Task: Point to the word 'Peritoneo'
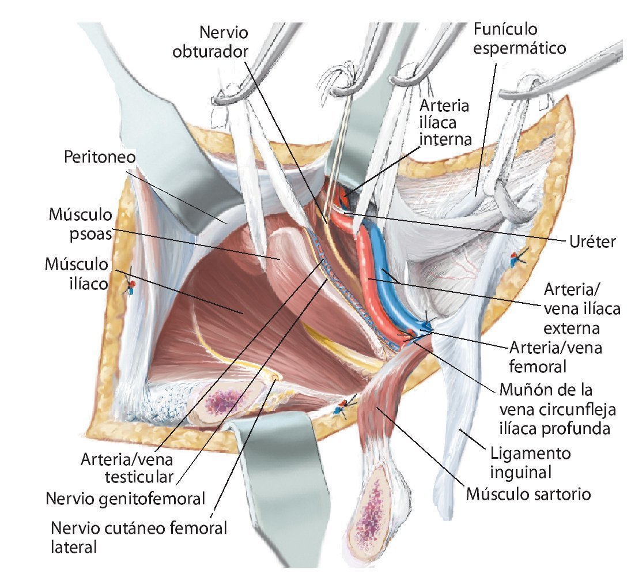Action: pyautogui.click(x=103, y=157)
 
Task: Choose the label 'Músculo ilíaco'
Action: pyautogui.click(x=77, y=273)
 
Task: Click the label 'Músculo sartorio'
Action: pyautogui.click(x=528, y=494)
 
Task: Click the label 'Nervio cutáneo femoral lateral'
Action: pyautogui.click(x=138, y=537)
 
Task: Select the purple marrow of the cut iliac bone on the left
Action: pyautogui.click(x=221, y=401)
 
